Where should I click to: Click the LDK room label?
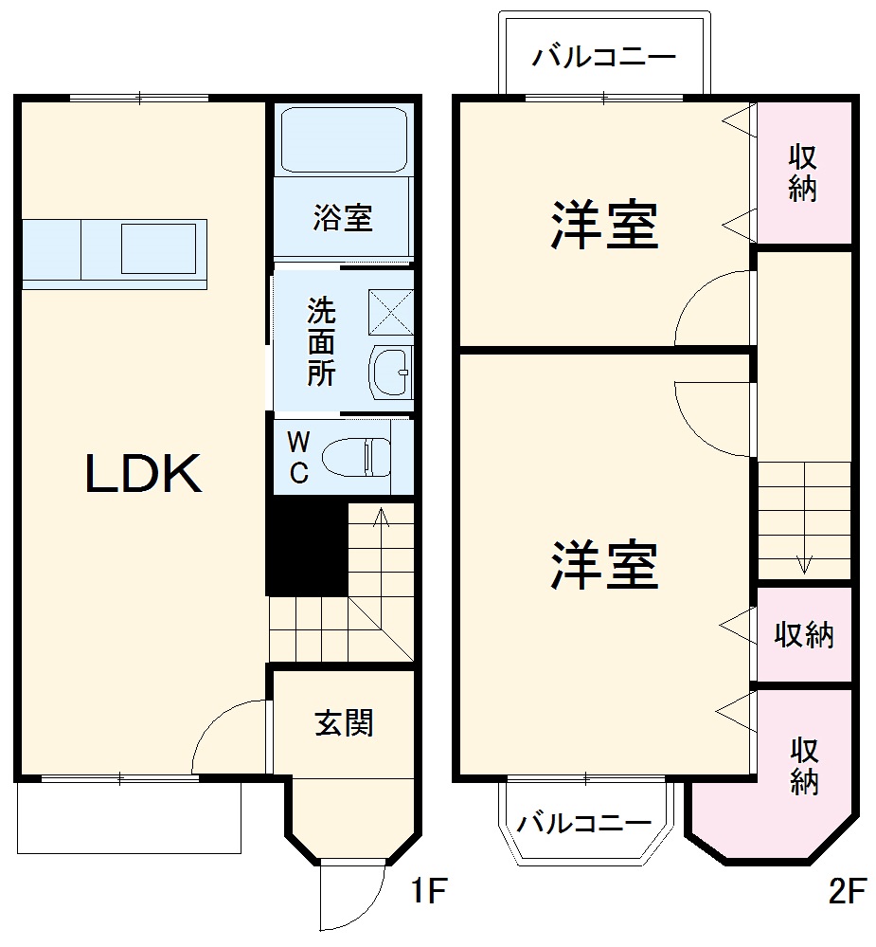[x=144, y=474]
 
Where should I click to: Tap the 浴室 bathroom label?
[x=343, y=219]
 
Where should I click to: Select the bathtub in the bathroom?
[x=344, y=139]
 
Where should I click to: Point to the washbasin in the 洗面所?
[x=389, y=372]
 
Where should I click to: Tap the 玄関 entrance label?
[x=344, y=723]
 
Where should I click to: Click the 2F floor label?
[x=848, y=892]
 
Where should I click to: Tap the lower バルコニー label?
[x=584, y=822]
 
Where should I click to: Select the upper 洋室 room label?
[x=604, y=226]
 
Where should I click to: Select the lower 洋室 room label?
[x=604, y=565]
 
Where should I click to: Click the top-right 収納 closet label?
[x=803, y=172]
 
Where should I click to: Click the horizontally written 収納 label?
[x=804, y=635]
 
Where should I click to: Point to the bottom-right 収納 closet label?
[x=804, y=766]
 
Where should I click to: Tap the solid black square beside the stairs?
[x=306, y=547]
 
